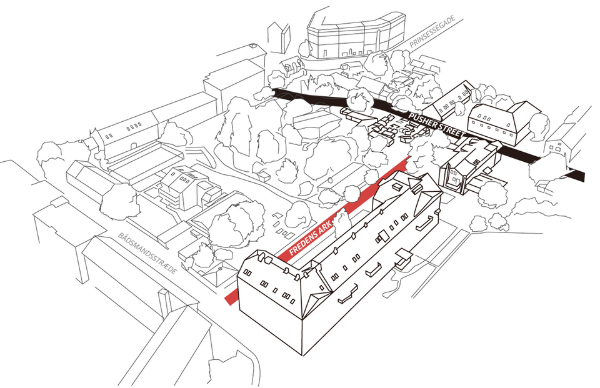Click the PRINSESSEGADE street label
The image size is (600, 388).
pos(432,32)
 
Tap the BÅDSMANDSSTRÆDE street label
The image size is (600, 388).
pos(147,253)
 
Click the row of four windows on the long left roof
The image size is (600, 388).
pos(134,126)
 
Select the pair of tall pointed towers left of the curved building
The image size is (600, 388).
pos(279,37)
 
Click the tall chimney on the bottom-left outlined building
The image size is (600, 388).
pos(164,304)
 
